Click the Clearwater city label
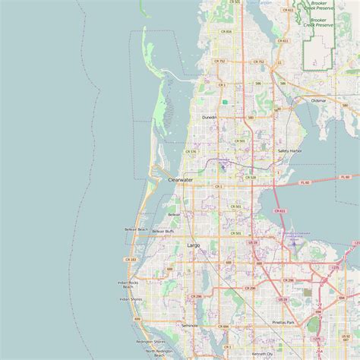[x=180, y=180]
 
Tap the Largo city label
[x=194, y=246]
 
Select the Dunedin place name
[x=209, y=118]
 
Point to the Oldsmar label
[x=319, y=100]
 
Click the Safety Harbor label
[x=289, y=151]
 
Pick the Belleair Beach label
[x=136, y=229]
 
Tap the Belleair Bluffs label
[x=163, y=231]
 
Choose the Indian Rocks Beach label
[x=127, y=284]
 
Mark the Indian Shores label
[x=130, y=299]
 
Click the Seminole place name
[x=189, y=325]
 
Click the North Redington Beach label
[x=159, y=351]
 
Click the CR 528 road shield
[x=251, y=177]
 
